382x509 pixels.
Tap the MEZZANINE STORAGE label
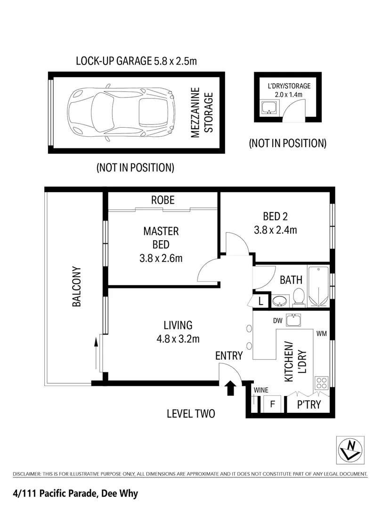pyautogui.click(x=202, y=113)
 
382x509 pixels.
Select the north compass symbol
pyautogui.click(x=350, y=450)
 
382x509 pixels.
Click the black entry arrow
pyautogui.click(x=230, y=387)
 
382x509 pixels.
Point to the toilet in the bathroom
pyautogui.click(x=298, y=297)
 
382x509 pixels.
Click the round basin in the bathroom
pyautogui.click(x=279, y=301)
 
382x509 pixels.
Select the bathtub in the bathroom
pyautogui.click(x=318, y=287)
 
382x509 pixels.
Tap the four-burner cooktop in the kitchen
pyautogui.click(x=321, y=383)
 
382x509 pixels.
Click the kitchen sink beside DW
pyautogui.click(x=293, y=320)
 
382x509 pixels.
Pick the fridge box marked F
pyautogui.click(x=273, y=404)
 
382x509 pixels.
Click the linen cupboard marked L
pyautogui.click(x=260, y=302)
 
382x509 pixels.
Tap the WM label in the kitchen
pyautogui.click(x=321, y=333)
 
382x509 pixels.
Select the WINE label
pyautogui.click(x=261, y=390)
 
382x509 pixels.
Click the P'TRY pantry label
pyautogui.click(x=309, y=404)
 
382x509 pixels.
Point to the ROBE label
pyautogui.click(x=163, y=200)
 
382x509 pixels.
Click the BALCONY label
pyautogui.click(x=77, y=287)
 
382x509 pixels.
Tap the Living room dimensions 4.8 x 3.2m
pyautogui.click(x=178, y=339)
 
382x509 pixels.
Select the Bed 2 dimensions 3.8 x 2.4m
pyautogui.click(x=275, y=230)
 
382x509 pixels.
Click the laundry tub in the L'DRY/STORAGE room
pyautogui.click(x=269, y=107)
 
